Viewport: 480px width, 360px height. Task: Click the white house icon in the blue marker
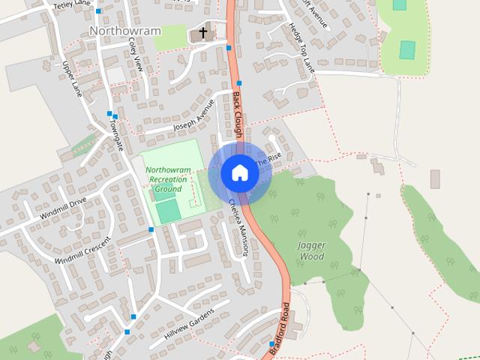click(x=239, y=172)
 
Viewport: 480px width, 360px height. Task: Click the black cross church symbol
click(x=202, y=34)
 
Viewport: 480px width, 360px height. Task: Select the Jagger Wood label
click(x=310, y=250)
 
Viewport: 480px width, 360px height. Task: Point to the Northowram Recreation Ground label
click(x=167, y=179)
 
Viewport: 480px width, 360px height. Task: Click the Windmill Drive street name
click(x=63, y=208)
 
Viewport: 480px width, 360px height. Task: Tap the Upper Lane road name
click(x=72, y=78)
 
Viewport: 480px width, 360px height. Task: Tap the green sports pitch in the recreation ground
click(x=169, y=211)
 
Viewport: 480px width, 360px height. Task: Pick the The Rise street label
click(x=268, y=160)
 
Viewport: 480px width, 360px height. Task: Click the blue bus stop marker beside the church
click(x=229, y=48)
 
